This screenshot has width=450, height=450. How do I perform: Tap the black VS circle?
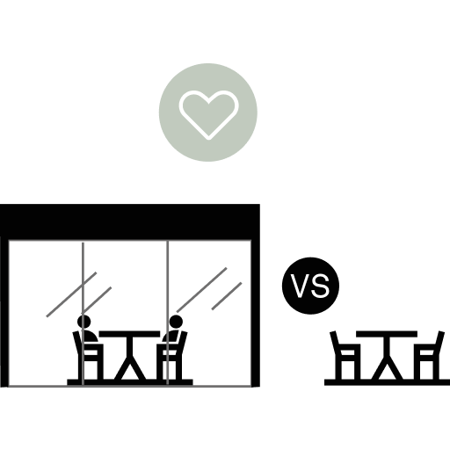point(310,286)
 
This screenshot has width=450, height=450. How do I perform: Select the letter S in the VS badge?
point(320,286)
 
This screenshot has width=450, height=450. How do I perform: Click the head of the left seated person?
point(83,322)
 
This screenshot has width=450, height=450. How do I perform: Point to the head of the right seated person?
point(176,322)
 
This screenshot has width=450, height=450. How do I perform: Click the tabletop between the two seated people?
point(129,334)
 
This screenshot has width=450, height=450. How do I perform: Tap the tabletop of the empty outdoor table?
point(387,334)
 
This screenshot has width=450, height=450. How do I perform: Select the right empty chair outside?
point(429,355)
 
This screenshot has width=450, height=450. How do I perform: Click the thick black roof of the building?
point(130,221)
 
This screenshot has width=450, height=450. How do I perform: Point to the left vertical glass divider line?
point(83,314)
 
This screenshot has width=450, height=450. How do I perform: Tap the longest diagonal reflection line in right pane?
point(201,290)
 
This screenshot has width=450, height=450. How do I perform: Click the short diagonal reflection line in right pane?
point(227,296)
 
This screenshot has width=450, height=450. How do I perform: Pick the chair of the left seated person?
point(88,355)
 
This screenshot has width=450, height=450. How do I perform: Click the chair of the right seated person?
point(171,355)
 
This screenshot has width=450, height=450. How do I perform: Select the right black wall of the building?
point(256,313)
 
